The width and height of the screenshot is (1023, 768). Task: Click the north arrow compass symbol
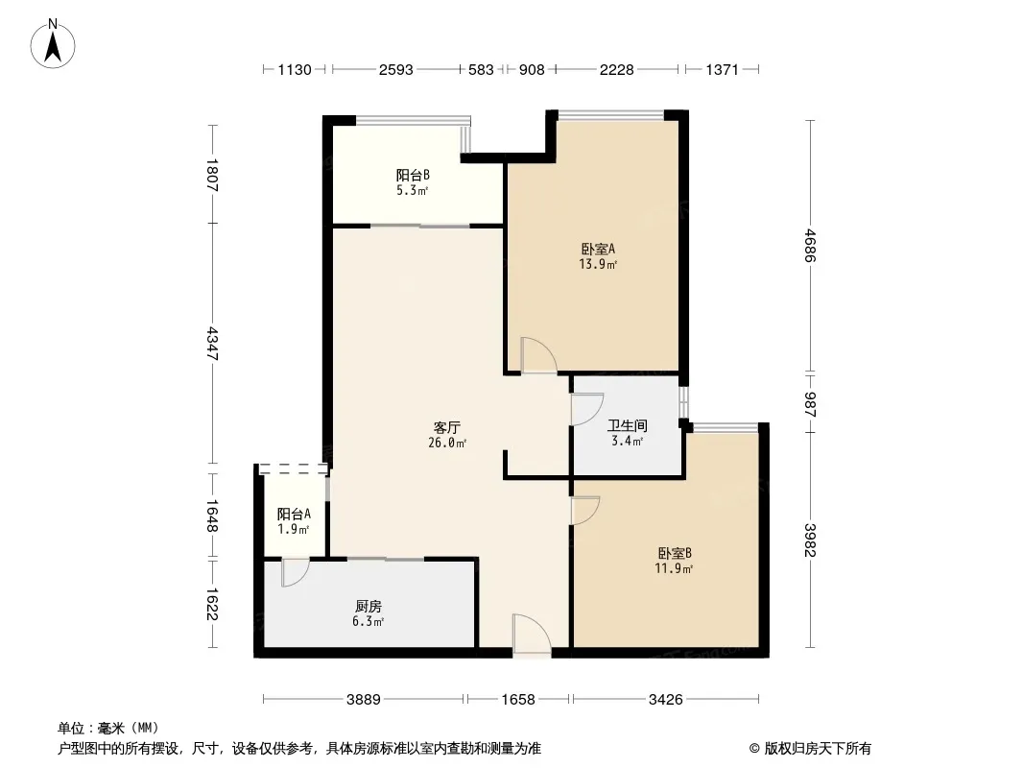tap(53, 44)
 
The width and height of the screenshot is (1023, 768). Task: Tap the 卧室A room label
tap(598, 249)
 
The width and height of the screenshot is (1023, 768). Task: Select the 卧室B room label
tap(674, 553)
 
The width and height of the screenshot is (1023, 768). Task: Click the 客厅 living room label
tap(447, 427)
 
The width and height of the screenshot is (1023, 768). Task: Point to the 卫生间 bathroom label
tap(627, 425)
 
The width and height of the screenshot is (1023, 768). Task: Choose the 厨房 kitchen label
tap(368, 606)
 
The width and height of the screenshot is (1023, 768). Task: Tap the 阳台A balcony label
tap(294, 514)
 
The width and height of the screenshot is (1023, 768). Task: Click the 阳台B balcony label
tap(413, 175)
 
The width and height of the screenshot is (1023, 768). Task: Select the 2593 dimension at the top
tap(396, 69)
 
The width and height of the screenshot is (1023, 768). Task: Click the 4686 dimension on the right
tap(810, 246)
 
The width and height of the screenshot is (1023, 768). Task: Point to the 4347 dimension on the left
tap(212, 344)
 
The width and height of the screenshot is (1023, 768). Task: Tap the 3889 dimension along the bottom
tap(364, 700)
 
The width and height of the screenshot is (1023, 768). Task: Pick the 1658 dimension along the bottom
tap(518, 700)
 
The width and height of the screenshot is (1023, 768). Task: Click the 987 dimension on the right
tap(810, 404)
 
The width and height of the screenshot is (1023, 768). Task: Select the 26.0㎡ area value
tap(447, 444)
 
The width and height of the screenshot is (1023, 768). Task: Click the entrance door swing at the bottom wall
tap(532, 633)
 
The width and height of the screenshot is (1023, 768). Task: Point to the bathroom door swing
tap(587, 410)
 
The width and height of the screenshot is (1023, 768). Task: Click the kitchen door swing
tap(295, 571)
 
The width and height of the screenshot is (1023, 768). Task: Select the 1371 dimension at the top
tap(722, 69)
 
